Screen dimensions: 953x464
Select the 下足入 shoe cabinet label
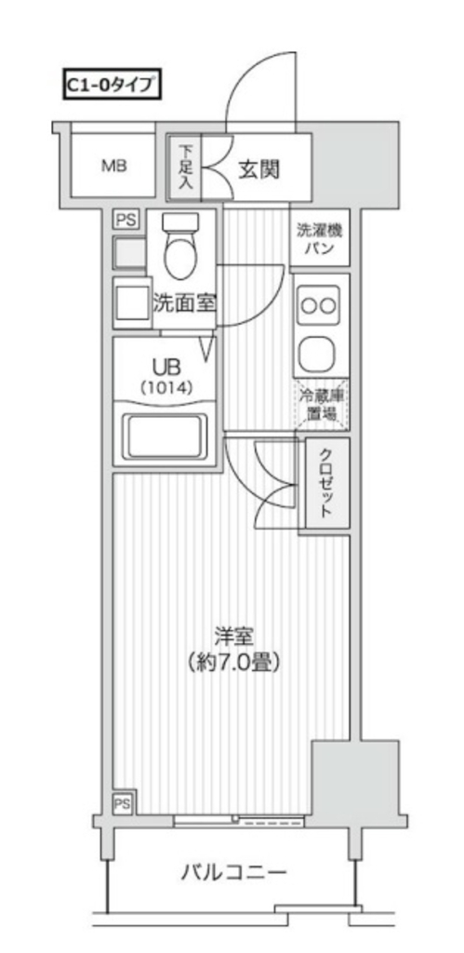(186, 168)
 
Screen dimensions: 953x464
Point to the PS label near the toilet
(125, 220)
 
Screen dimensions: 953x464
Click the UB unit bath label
(166, 365)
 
